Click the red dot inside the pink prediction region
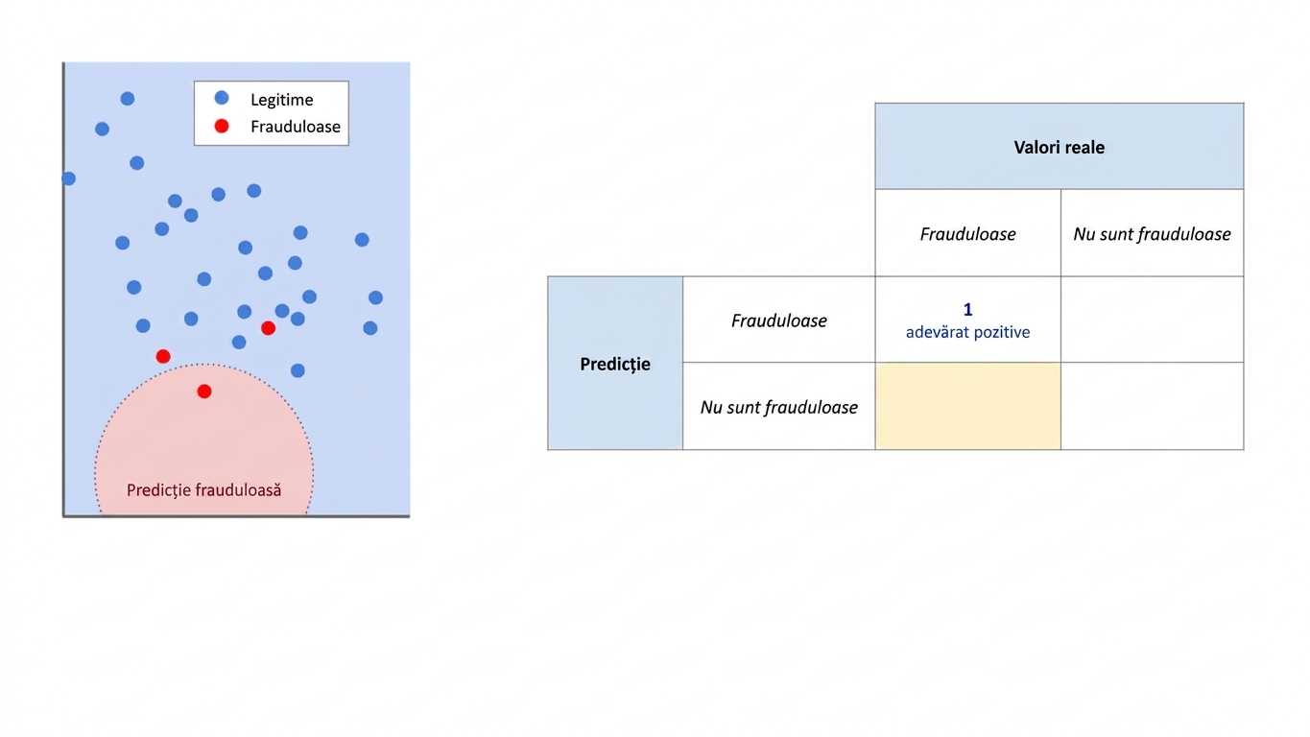click(x=204, y=392)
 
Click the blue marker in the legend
click(x=222, y=98)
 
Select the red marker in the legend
click(x=222, y=126)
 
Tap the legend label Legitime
click(x=282, y=100)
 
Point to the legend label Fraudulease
click(x=296, y=127)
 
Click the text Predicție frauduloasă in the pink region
click(x=204, y=490)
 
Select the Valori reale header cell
click(x=1060, y=146)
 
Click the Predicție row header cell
click(x=615, y=364)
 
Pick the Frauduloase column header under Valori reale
click(x=968, y=234)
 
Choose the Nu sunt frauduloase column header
click(x=1152, y=234)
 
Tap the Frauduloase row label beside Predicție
click(x=779, y=321)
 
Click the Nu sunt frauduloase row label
click(x=779, y=407)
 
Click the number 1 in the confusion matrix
click(x=968, y=309)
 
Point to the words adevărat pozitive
click(x=968, y=332)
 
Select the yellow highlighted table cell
click(x=968, y=406)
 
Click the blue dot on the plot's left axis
click(x=68, y=178)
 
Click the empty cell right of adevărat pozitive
click(x=1152, y=320)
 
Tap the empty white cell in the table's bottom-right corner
click(x=1152, y=406)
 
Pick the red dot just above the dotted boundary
click(x=163, y=356)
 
